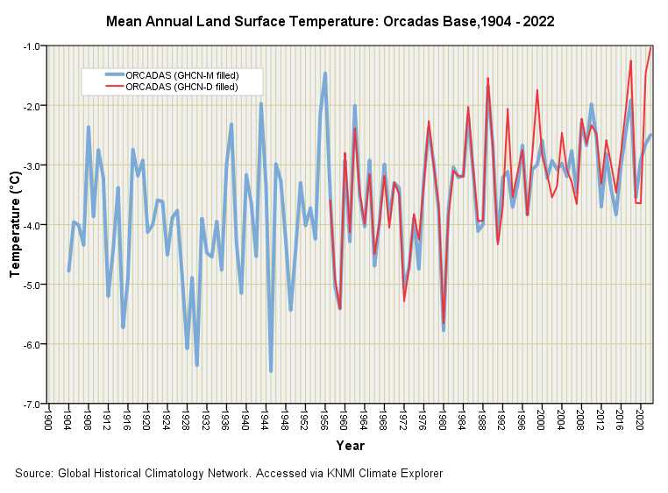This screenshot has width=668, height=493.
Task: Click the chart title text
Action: click(330, 18)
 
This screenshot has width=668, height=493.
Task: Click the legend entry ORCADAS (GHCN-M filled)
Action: click(182, 75)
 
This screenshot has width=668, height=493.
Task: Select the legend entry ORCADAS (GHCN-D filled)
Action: click(181, 87)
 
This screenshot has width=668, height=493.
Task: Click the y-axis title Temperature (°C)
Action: click(15, 225)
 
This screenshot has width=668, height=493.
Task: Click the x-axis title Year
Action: click(350, 447)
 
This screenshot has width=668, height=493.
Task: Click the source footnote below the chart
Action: click(229, 474)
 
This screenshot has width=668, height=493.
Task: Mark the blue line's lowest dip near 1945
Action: click(271, 370)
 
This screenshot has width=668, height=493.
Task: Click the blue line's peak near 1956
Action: click(325, 74)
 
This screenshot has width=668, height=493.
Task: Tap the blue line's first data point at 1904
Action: click(68, 271)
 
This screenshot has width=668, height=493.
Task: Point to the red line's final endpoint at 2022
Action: click(650, 46)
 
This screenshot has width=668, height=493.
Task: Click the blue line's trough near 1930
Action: click(197, 365)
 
